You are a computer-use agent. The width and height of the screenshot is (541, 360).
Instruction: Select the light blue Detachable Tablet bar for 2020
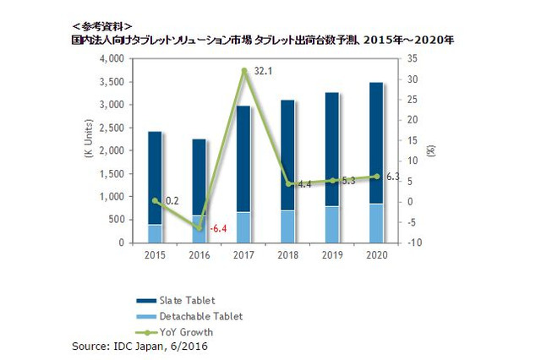(x=377, y=223)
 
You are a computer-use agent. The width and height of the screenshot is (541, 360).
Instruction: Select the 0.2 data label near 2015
(x=172, y=200)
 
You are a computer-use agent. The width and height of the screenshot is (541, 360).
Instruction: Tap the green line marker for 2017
(x=244, y=71)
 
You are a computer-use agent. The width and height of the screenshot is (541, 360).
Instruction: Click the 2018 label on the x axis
(x=288, y=254)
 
